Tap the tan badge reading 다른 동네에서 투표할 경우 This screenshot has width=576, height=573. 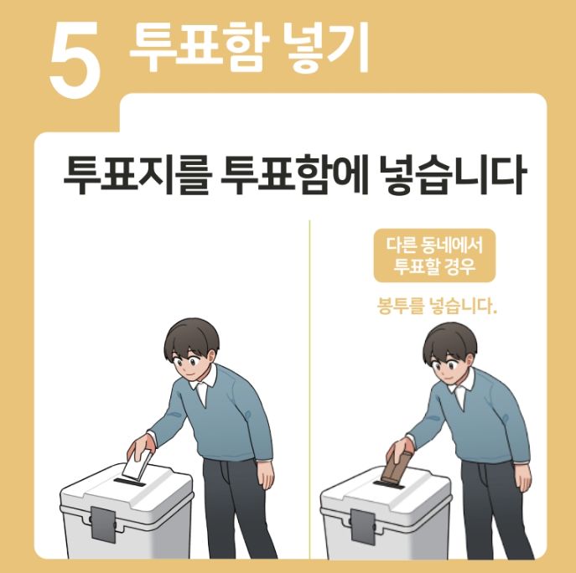434,256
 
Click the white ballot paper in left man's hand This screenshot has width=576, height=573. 137,465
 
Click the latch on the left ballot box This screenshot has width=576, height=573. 101,525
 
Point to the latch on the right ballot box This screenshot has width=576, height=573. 361,525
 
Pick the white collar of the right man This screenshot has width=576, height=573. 462,387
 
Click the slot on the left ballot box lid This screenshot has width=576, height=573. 131,483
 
